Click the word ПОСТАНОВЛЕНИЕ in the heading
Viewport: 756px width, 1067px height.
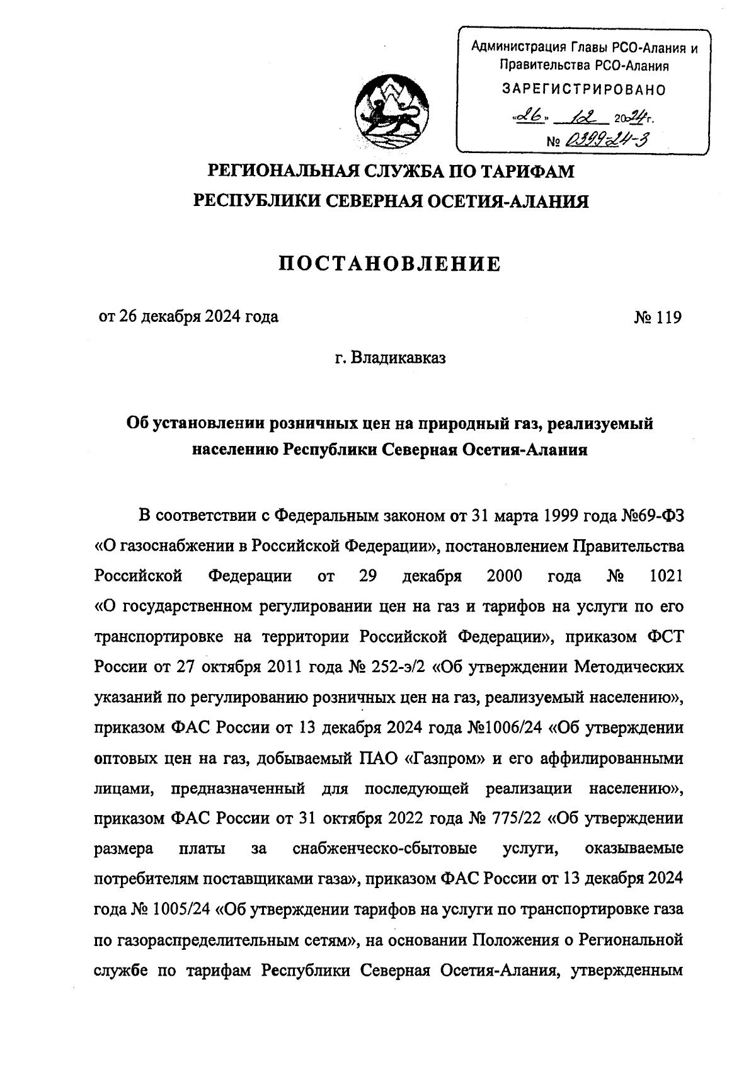point(391,263)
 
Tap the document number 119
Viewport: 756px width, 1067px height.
point(668,317)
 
